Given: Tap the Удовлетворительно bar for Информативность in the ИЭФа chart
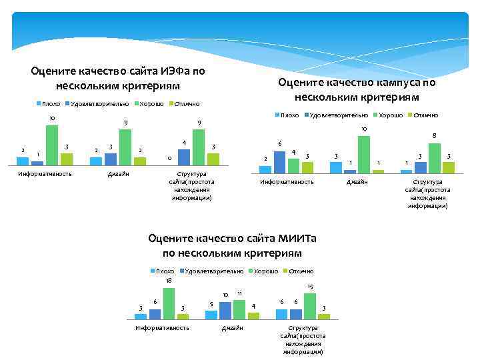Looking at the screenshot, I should pyautogui.click(x=37, y=162).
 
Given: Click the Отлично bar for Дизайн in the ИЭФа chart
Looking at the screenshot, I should pyautogui.click(x=140, y=161).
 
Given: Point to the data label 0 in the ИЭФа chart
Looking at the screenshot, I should pyautogui.click(x=169, y=158).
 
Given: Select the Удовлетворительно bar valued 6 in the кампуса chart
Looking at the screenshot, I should pyautogui.click(x=280, y=161).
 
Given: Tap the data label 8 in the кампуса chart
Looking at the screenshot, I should pyautogui.click(x=434, y=136).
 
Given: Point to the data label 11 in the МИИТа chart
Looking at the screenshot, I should pyautogui.click(x=239, y=294).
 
